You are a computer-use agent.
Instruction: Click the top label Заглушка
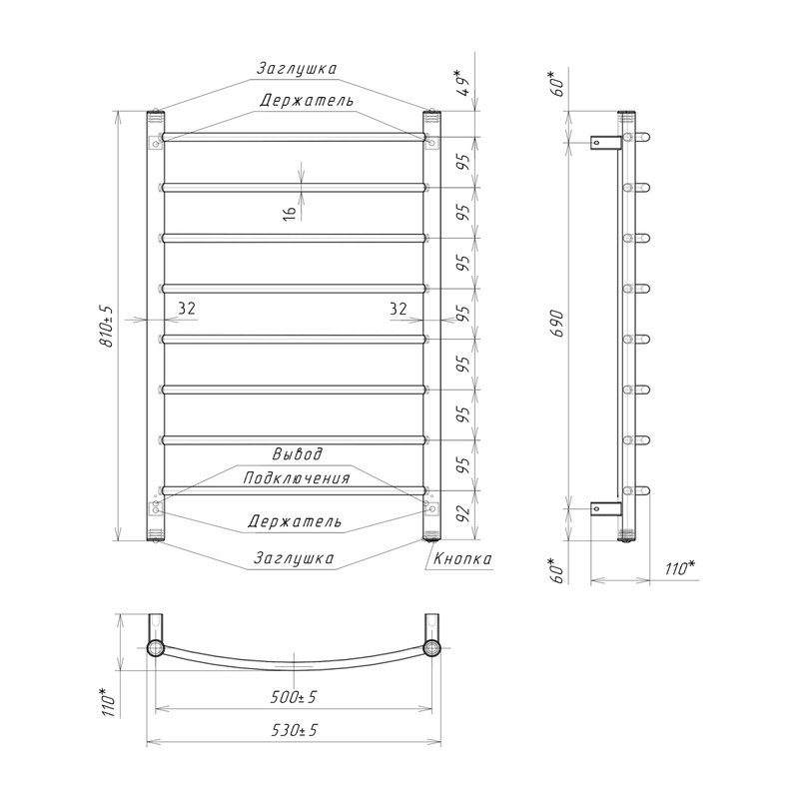point(296,68)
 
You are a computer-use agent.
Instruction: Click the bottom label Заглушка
point(294,558)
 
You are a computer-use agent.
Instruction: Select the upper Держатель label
point(307,100)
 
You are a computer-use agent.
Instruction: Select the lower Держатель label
point(295,521)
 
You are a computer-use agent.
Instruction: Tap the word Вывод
point(297,453)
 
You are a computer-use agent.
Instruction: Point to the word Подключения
point(297,478)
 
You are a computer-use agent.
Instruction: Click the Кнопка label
point(462,558)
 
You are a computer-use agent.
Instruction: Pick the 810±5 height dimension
point(108,327)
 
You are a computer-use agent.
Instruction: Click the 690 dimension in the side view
point(558,324)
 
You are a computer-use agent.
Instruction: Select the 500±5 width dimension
point(294,696)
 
